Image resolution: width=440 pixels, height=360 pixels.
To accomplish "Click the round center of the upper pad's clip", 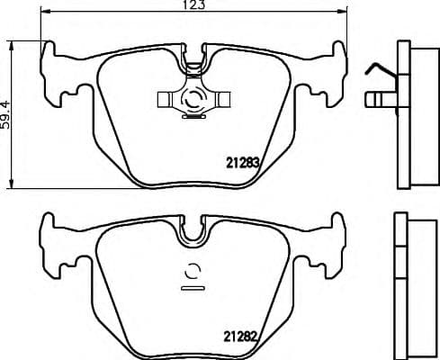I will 192,102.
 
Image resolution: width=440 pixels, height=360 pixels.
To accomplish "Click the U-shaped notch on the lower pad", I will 193,236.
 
